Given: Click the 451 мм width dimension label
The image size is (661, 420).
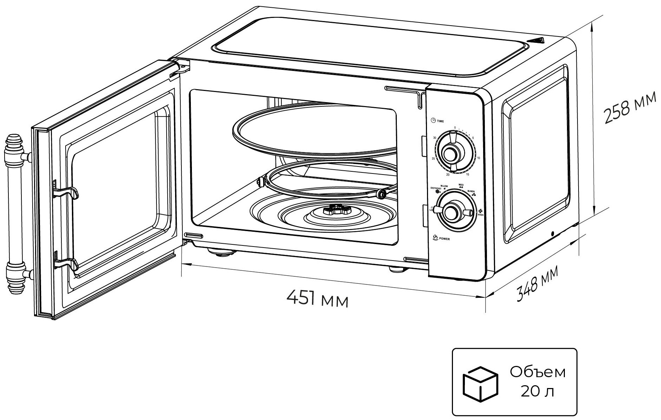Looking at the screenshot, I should [x=318, y=298].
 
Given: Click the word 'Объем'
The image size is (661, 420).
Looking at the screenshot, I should [x=538, y=372].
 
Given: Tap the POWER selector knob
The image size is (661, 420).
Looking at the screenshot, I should [x=450, y=211].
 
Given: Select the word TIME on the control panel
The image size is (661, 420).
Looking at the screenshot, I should [x=440, y=121].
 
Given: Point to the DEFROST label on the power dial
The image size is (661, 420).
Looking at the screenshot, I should [x=436, y=189].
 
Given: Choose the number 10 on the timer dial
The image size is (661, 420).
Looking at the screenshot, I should [x=479, y=158].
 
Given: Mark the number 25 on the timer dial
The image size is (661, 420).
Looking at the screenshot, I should [x=433, y=159].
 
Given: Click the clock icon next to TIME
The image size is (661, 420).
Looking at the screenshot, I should [x=433, y=120].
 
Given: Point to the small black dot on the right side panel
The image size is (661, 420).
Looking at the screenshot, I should [x=553, y=234].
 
